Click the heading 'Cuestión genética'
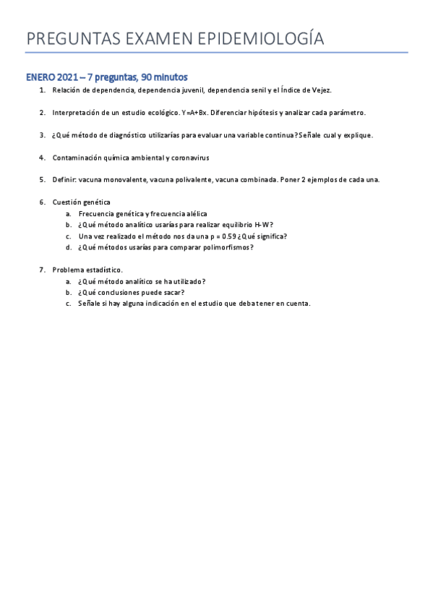point(81,202)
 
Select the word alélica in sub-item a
point(192,213)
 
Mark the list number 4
point(42,157)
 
